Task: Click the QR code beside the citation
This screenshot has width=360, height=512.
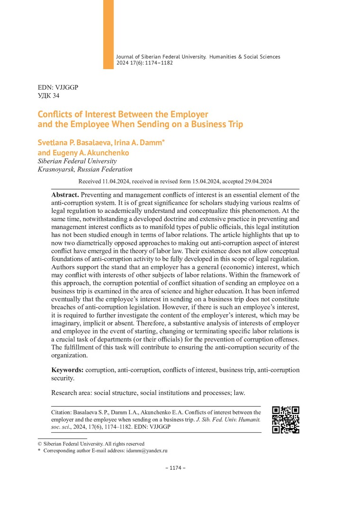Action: click(x=286, y=420)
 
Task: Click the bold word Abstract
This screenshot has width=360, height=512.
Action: click(x=65, y=195)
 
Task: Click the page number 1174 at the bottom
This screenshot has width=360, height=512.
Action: click(x=175, y=468)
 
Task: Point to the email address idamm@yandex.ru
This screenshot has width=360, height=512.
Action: click(x=147, y=451)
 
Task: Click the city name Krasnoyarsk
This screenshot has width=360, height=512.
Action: click(x=54, y=169)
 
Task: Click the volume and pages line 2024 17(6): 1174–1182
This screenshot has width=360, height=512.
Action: click(x=144, y=63)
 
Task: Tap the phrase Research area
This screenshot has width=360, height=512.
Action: click(x=70, y=393)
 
